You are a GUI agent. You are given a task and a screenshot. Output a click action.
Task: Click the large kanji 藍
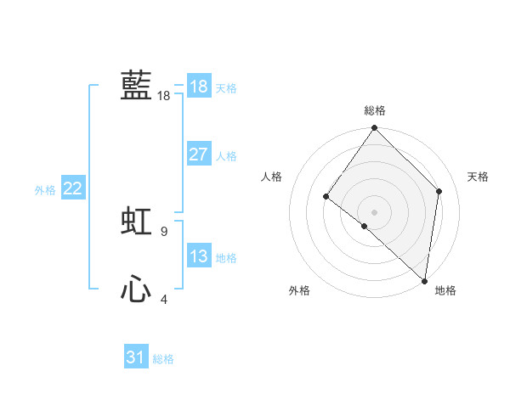click(136, 86)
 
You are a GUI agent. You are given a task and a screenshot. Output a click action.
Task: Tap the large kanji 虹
click(136, 222)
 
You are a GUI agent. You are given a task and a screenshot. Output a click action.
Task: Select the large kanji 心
click(136, 290)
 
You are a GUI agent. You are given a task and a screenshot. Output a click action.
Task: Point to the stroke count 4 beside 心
click(163, 299)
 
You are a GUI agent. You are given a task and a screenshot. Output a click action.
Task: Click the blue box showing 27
click(198, 155)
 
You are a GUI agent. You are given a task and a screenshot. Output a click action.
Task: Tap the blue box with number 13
click(198, 256)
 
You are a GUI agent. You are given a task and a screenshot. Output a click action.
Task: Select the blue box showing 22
click(72, 188)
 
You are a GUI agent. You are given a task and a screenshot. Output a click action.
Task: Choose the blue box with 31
click(135, 357)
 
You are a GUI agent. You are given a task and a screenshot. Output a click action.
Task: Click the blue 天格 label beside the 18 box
click(226, 88)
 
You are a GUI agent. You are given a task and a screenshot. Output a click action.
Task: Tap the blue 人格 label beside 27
click(226, 156)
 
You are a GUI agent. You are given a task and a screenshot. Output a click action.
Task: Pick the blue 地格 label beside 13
click(226, 258)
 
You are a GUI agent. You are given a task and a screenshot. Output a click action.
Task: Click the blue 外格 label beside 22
click(45, 190)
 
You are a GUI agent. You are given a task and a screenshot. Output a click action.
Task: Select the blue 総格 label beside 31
click(163, 359)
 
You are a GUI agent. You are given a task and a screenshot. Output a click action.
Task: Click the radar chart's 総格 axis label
click(375, 110)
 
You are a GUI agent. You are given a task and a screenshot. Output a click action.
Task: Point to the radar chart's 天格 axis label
click(478, 177)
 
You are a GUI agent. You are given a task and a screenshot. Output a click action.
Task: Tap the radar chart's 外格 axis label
click(299, 290)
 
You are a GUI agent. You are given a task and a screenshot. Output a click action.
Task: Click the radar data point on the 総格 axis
click(375, 128)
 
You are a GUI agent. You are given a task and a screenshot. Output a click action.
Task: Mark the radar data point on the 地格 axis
click(424, 281)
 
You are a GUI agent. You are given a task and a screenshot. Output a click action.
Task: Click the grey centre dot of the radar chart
click(374, 212)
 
